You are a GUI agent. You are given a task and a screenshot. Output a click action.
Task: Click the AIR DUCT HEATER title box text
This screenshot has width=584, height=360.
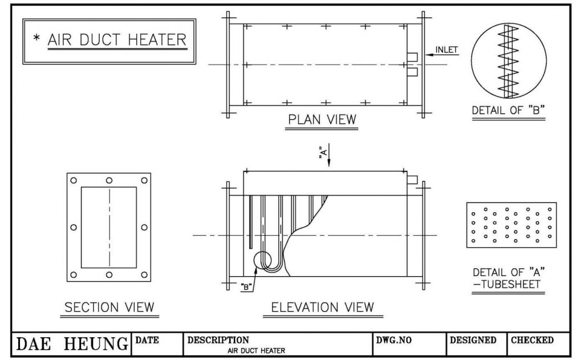coord(117,40)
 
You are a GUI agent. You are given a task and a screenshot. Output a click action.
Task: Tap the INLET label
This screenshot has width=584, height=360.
coord(447,50)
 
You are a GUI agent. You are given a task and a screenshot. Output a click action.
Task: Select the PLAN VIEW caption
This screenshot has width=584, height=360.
coord(322,119)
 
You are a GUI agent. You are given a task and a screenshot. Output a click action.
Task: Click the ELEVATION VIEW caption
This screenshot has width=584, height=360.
coord(323,307)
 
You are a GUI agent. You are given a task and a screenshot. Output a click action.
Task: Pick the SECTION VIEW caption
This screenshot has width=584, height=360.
coord(109,307)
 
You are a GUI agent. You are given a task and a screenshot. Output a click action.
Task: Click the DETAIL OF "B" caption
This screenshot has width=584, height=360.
coord(509,111)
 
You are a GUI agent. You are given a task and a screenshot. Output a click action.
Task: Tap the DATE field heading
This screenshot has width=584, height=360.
coord(147,340)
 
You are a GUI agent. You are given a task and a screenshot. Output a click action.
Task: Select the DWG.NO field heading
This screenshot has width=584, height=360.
coord(394,340)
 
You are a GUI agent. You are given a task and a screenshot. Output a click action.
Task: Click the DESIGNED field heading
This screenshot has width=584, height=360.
coord(473,340)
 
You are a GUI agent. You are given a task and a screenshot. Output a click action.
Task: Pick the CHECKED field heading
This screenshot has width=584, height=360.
coord(532,340)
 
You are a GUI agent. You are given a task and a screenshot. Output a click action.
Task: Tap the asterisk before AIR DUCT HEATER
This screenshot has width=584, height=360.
coord(36,39)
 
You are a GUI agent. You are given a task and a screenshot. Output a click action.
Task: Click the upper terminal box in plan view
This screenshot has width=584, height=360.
coord(413,56)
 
